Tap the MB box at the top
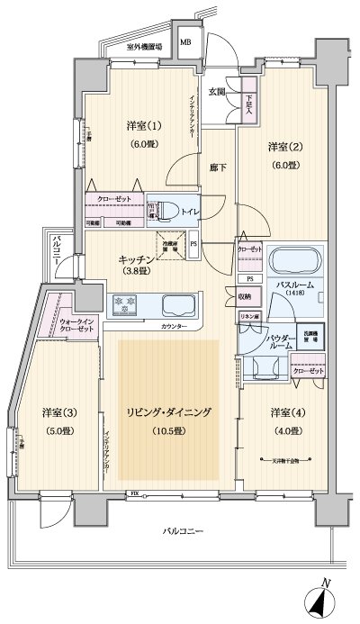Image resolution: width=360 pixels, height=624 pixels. click(185, 41)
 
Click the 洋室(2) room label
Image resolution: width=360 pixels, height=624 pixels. click(282, 145)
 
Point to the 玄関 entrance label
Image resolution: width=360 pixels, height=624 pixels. click(217, 92)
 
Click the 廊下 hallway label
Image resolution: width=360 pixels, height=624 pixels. click(217, 167)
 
